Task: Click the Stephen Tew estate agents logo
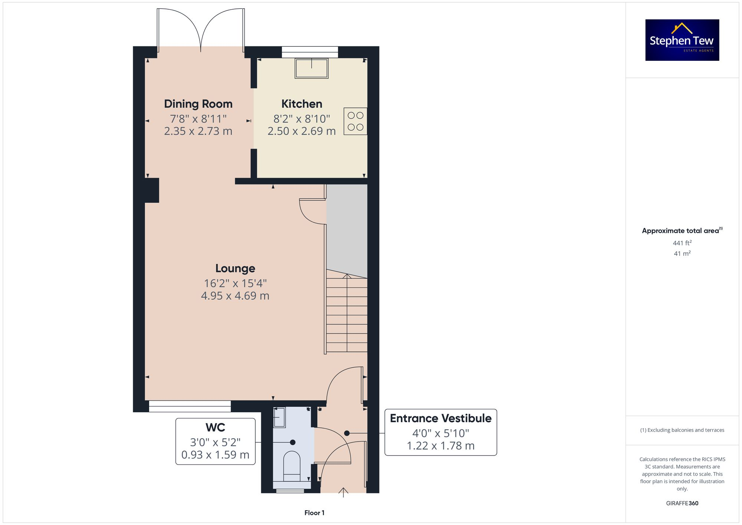click(682, 40)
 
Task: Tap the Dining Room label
click(198, 104)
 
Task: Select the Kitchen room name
click(302, 104)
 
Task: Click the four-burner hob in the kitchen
click(355, 121)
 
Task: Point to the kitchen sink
click(311, 68)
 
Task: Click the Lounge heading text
click(235, 268)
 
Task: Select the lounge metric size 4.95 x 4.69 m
click(235, 296)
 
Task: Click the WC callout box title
click(215, 427)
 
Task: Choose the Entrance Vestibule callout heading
click(440, 419)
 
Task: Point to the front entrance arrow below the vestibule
click(344, 492)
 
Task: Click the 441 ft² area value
click(682, 243)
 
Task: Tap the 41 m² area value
click(682, 254)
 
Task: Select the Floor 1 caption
click(314, 513)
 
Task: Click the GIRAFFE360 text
click(682, 503)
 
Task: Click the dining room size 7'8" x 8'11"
click(198, 119)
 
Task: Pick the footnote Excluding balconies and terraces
click(682, 430)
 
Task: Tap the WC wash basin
click(279, 417)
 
